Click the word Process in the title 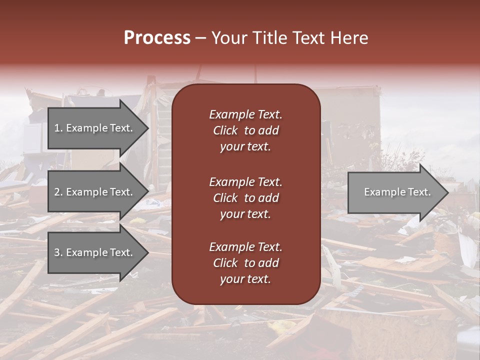click(x=157, y=38)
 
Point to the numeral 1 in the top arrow click(x=56, y=128)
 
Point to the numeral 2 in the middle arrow click(x=57, y=192)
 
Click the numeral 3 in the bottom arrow click(x=57, y=252)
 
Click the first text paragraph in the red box click(x=245, y=130)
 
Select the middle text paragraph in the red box click(x=245, y=198)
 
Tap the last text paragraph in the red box click(x=245, y=263)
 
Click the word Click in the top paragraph click(x=225, y=130)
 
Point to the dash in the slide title click(x=200, y=38)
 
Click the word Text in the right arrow click(x=420, y=192)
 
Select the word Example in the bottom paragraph click(x=231, y=247)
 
